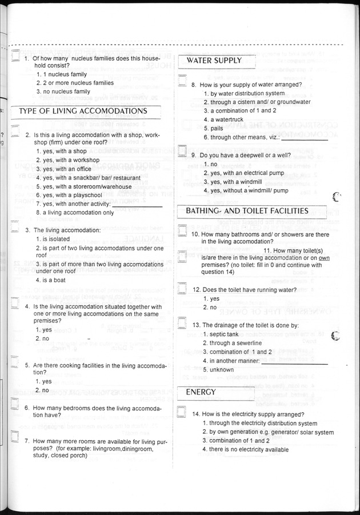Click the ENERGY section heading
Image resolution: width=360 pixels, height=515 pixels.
(201, 392)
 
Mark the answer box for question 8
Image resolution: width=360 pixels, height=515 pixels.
(182, 81)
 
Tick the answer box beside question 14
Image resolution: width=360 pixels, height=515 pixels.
(182, 412)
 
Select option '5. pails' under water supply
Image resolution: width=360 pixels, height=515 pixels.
(213, 129)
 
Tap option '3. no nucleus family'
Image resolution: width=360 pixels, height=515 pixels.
(63, 91)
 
